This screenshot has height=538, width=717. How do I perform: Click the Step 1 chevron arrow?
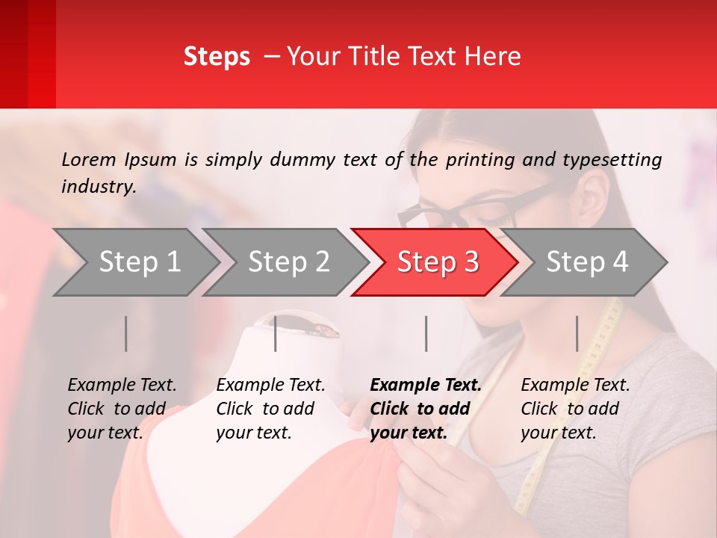click(x=134, y=262)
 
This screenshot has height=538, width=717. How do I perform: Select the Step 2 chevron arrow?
click(x=285, y=262)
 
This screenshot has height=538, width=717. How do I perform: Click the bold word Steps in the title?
click(x=217, y=57)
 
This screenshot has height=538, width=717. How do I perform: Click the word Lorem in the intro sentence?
click(x=88, y=159)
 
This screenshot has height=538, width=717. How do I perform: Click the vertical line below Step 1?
click(x=126, y=333)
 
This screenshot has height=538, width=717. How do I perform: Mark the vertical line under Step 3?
click(x=426, y=333)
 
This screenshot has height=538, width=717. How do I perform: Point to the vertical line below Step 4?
click(x=577, y=333)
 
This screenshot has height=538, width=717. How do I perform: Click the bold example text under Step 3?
click(x=426, y=409)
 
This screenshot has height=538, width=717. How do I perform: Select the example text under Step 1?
click(x=122, y=409)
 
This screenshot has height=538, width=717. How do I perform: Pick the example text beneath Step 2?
click(x=270, y=409)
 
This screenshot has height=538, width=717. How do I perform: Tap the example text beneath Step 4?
click(x=575, y=409)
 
